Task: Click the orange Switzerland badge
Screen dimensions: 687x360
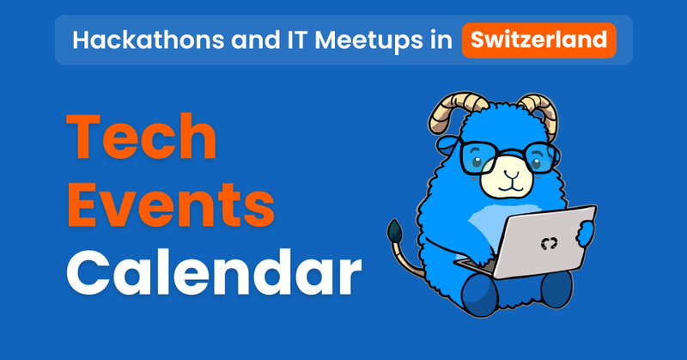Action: tap(539, 40)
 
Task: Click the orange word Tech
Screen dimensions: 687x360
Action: tap(142, 137)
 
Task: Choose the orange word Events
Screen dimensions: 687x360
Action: tap(170, 205)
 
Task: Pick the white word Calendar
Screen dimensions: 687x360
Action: tap(214, 272)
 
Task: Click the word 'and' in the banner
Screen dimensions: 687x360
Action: tap(255, 40)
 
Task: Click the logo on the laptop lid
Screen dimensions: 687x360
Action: tap(549, 243)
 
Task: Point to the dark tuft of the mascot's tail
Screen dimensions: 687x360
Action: tap(395, 230)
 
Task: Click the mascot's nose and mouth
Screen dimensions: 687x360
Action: tap(510, 180)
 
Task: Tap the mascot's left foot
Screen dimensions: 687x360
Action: tap(480, 295)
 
